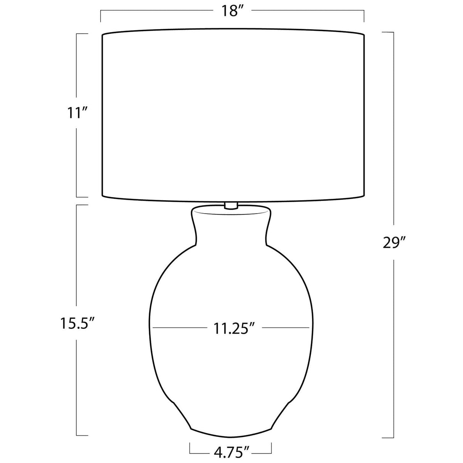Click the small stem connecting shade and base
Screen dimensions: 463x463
click(231, 206)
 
